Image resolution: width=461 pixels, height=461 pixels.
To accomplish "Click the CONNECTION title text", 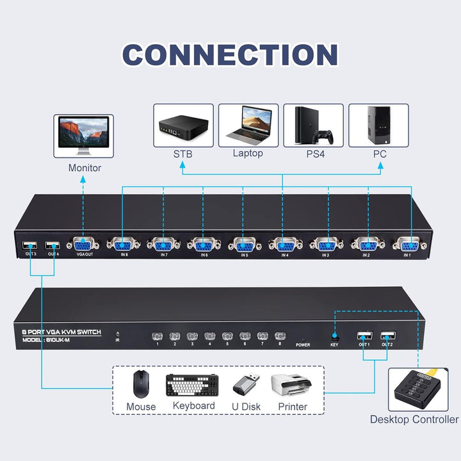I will point(230,55).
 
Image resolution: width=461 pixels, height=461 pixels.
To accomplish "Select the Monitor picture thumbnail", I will point(83,136).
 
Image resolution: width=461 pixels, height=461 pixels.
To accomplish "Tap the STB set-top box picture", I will point(182,125).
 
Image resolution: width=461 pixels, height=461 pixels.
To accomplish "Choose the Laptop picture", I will point(248,125).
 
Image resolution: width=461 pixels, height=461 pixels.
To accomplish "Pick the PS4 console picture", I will point(313,125).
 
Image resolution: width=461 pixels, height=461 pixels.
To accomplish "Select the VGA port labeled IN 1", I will point(408,243).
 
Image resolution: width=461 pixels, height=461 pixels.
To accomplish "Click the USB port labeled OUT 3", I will point(30,246).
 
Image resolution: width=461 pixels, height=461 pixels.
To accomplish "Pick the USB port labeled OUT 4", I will point(53,246).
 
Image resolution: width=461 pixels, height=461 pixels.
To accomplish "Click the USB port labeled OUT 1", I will point(364,336).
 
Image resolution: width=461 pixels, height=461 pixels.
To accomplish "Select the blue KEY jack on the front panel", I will point(334,336).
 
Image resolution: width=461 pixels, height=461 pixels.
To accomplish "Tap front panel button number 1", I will point(156,336).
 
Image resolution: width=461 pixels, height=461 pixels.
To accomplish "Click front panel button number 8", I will point(279,336).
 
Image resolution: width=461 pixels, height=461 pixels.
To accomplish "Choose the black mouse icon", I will point(141,384).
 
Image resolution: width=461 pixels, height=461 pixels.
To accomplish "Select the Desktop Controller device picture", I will point(415,389).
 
